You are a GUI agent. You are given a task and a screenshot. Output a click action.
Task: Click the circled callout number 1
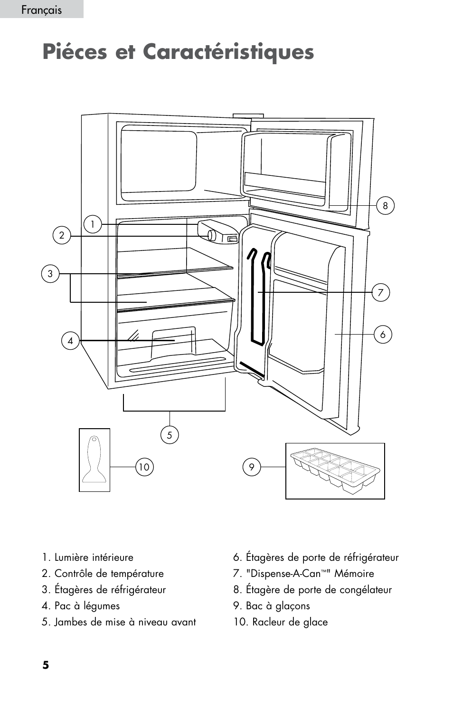[x=93, y=224]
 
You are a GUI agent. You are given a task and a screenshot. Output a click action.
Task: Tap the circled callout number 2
[x=62, y=235]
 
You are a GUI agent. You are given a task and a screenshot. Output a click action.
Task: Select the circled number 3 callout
[x=50, y=274]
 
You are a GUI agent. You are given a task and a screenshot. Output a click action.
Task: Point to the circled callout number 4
[x=70, y=340]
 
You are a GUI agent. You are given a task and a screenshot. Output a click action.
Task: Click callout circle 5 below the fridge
[x=170, y=435]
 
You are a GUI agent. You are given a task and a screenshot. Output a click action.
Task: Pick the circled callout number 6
[x=383, y=335]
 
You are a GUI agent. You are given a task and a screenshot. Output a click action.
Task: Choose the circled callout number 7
[x=380, y=293]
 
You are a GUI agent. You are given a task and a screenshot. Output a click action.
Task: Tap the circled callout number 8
[x=385, y=206]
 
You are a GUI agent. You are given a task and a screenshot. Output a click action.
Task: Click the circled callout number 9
[x=252, y=467]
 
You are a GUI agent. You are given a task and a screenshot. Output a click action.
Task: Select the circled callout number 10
[x=144, y=467]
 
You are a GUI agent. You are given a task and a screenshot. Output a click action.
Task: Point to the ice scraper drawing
[x=94, y=460]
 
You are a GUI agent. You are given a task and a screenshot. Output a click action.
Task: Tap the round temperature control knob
[x=212, y=235]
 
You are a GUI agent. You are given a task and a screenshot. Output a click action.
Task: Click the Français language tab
[x=42, y=10]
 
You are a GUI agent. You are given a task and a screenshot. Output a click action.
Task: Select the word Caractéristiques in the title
[x=228, y=52]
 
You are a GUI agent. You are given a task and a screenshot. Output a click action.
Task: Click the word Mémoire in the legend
[x=354, y=573]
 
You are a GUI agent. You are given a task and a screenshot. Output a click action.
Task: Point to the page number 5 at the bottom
[x=46, y=665]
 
